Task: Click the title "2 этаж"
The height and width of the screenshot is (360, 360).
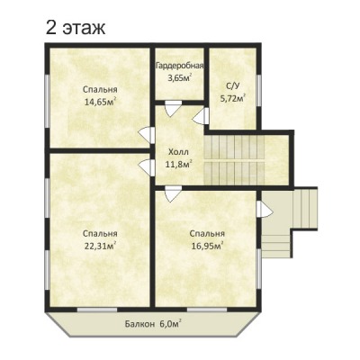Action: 76,28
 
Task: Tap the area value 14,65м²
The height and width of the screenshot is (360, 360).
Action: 100,102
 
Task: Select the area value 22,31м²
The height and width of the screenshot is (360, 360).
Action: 100,246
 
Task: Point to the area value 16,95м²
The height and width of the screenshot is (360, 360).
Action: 207,246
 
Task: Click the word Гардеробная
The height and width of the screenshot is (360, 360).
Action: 180,66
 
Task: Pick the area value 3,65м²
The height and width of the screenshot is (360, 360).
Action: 180,78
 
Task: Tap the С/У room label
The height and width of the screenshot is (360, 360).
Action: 233,86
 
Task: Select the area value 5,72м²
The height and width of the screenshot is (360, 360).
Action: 233,98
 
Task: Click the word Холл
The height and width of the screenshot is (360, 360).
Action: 178,152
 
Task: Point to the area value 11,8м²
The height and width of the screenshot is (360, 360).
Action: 178,164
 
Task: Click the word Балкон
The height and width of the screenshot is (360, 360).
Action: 139,324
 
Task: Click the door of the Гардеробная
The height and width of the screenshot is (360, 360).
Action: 173,107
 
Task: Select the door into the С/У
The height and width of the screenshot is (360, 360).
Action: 201,116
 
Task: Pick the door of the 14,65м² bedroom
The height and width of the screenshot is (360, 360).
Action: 147,135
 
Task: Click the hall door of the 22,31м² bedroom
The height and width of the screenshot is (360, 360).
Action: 147,167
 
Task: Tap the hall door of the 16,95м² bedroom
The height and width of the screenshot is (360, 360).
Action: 173,193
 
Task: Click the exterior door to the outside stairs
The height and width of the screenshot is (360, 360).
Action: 265,209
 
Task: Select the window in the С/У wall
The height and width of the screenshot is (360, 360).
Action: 259,90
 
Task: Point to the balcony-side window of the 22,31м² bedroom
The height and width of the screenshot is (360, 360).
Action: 97,310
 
